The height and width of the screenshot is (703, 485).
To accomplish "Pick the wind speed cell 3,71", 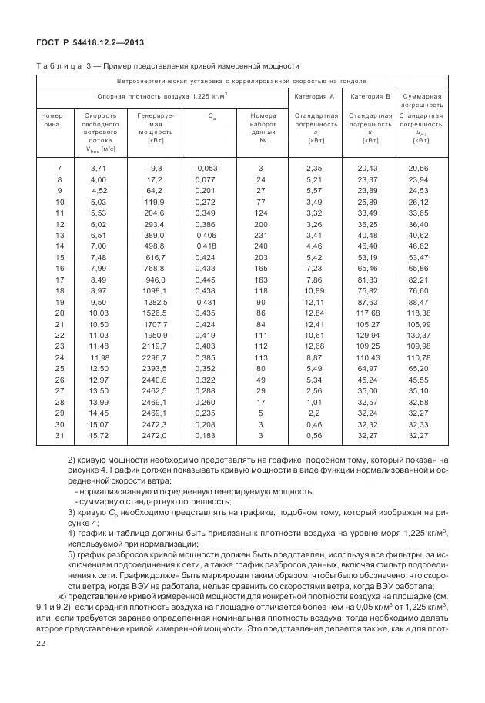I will coord(99,168).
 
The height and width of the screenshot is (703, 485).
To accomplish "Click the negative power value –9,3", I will coord(155,168).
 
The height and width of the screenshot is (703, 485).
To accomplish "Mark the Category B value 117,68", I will coord(370,313).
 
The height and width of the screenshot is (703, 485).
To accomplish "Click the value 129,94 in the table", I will coord(370,336).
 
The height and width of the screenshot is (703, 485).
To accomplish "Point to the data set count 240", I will coord(260,246).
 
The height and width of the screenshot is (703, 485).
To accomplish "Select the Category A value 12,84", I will coord(316,313).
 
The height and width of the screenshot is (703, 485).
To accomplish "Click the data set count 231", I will coord(260,235).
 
